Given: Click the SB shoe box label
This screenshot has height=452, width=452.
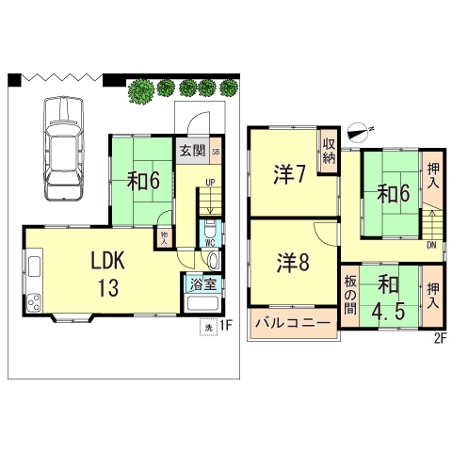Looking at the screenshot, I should coord(216,151).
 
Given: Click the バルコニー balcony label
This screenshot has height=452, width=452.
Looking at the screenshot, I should coord(293,324).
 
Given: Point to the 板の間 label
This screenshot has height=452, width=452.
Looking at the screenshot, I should coord(349,295).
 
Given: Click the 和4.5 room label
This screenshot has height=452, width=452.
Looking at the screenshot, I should coord(389,297).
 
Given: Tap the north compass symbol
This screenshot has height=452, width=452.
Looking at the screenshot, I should coord(360,131).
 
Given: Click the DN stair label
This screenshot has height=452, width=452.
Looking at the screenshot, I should coord(429,247).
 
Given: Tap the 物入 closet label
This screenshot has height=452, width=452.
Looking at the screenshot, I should coord(165,237).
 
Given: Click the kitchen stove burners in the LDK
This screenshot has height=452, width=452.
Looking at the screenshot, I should coord(34,302).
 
